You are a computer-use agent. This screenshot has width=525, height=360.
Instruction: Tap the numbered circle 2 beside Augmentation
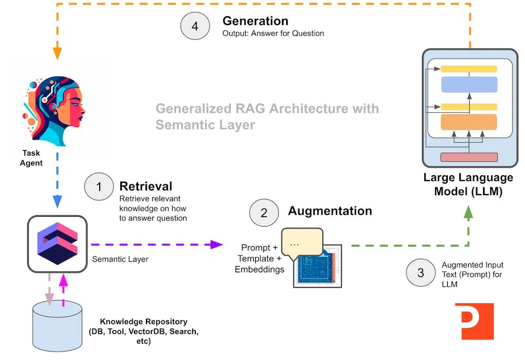264,213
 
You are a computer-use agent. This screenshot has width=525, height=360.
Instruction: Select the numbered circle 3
421,273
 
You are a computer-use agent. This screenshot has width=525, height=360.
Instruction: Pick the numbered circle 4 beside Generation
195,26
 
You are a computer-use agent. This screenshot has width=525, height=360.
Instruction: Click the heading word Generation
255,21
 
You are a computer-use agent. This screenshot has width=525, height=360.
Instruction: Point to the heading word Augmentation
330,211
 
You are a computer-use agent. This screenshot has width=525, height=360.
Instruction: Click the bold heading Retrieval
146,186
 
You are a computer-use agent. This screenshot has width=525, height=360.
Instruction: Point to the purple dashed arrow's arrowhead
217,244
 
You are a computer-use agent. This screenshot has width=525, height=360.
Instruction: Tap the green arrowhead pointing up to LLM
468,211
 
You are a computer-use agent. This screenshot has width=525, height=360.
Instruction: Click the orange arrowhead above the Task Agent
57,54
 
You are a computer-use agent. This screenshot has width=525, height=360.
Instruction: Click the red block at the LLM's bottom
468,157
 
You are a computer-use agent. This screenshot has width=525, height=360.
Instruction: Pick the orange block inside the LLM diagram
468,122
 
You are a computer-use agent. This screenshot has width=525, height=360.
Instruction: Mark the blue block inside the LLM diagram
468,84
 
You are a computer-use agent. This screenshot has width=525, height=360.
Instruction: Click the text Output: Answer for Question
273,33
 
